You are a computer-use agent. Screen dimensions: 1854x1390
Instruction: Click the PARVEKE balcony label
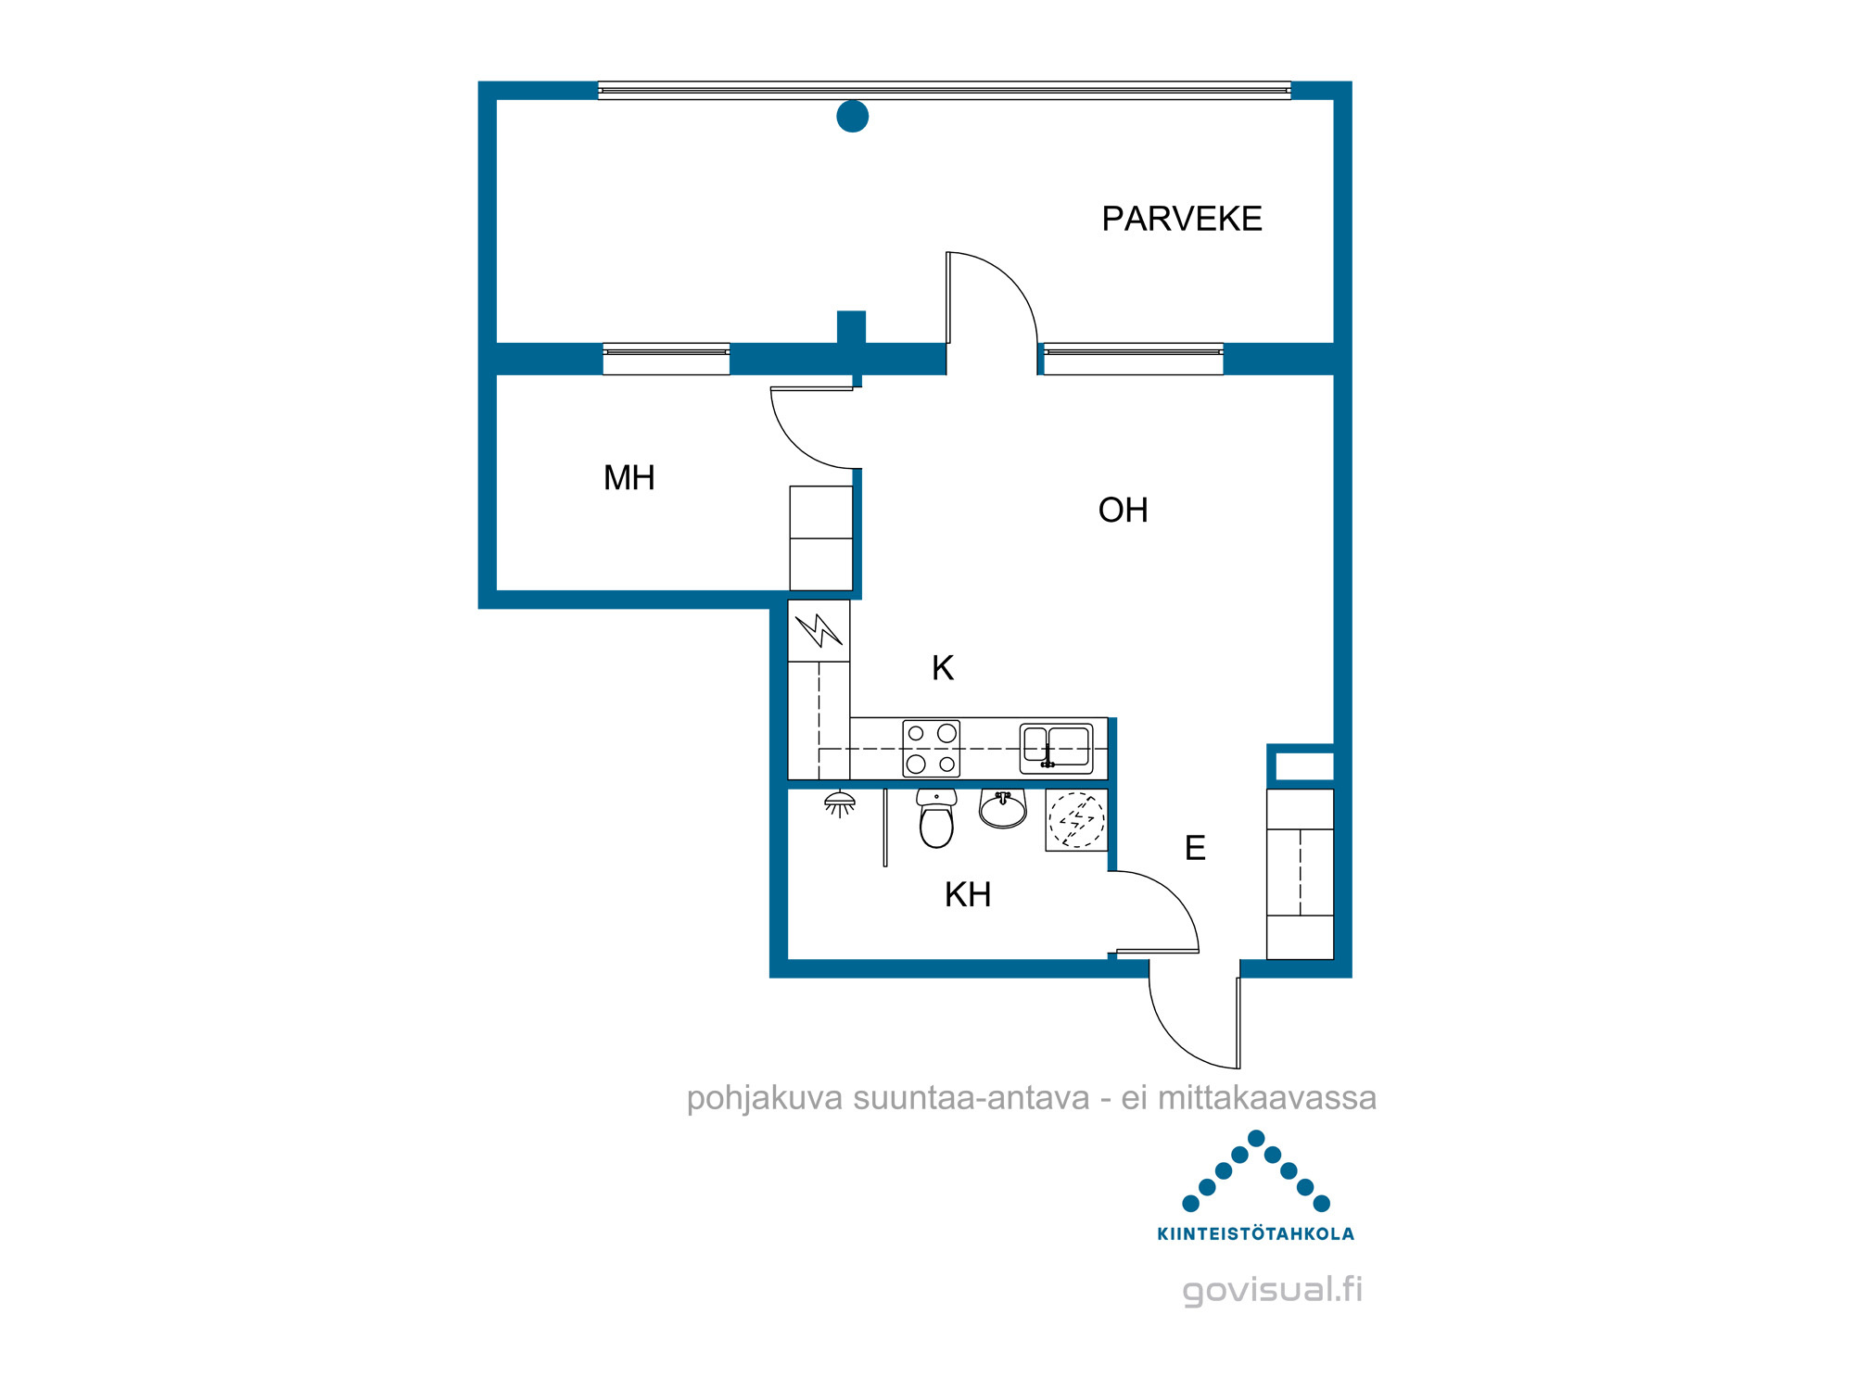[x=1182, y=219]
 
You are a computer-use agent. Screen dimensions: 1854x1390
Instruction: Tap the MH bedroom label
[x=629, y=478]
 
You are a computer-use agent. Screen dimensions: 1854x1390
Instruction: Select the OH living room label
[x=1123, y=510]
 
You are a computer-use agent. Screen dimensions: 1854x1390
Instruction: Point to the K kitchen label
[x=943, y=667]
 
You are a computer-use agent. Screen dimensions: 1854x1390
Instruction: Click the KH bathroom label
[x=968, y=894]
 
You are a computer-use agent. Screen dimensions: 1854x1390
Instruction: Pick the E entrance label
[x=1195, y=848]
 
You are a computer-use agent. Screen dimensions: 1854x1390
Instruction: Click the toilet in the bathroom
[x=936, y=818]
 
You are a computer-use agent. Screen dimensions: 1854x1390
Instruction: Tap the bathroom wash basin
[x=1003, y=809]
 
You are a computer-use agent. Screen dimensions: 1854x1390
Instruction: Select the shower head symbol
[x=840, y=803]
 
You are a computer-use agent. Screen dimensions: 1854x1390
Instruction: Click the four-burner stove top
[x=932, y=749]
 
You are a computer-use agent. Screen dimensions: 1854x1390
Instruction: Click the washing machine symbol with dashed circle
[x=1076, y=820]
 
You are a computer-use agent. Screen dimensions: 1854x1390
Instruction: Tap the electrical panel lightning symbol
[x=819, y=631]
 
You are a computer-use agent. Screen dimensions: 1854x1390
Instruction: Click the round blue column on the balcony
[x=853, y=116]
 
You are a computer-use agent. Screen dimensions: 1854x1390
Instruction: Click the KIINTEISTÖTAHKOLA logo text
[x=1256, y=1233]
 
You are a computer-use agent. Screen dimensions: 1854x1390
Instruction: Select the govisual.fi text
[x=1272, y=1289]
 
